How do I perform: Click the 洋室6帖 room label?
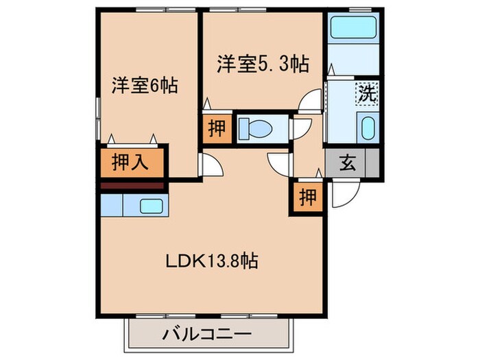[x=145, y=86]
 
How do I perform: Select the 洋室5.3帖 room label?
[x=263, y=64]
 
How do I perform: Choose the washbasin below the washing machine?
[x=368, y=128]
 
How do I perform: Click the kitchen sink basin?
[x=150, y=205]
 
